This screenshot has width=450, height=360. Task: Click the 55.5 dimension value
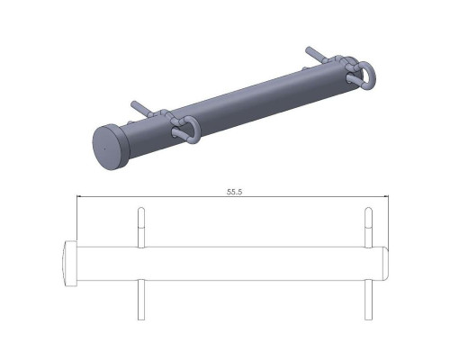click(x=234, y=192)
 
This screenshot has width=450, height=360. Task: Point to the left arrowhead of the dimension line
click(x=79, y=196)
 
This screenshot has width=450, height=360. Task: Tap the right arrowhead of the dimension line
click(x=387, y=196)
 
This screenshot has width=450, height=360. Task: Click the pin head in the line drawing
click(x=71, y=264)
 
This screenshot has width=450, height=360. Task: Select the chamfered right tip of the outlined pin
click(x=387, y=264)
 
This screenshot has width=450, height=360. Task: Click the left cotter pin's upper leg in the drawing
click(x=141, y=228)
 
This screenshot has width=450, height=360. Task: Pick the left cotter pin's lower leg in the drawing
click(x=141, y=300)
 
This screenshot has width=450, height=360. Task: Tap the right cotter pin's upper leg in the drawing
click(x=368, y=228)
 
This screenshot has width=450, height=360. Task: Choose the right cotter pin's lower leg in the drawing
click(x=368, y=300)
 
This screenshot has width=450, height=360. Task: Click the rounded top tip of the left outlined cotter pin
click(x=141, y=208)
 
